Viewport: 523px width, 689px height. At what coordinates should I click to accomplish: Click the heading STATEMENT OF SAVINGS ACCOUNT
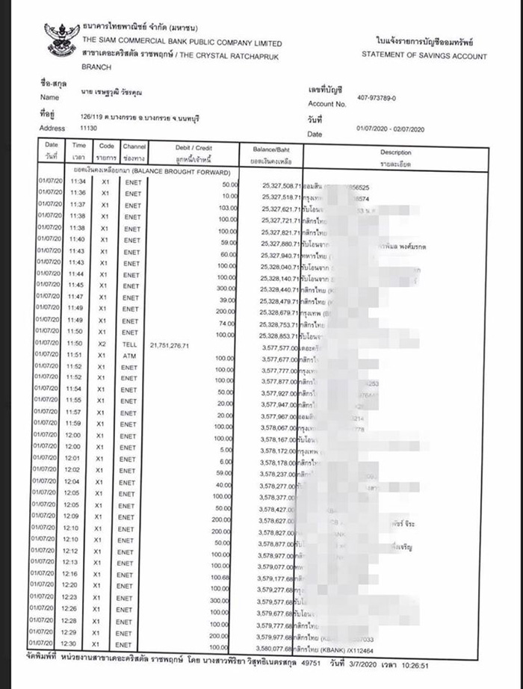[424, 56]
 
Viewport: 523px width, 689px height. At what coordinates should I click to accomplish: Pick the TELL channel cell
[131, 345]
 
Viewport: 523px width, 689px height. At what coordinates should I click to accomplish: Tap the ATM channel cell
[131, 356]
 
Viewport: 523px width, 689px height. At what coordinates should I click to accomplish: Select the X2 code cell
[105, 345]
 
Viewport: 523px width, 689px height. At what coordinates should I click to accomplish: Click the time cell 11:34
[78, 183]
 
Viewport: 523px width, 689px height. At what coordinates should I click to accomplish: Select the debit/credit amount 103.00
[227, 207]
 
